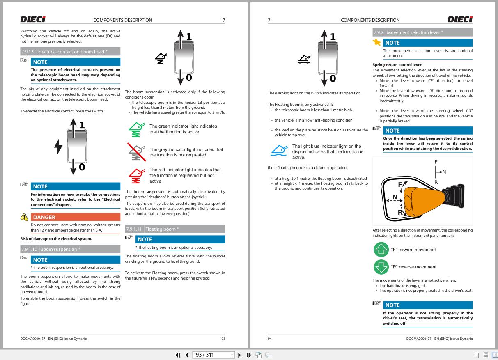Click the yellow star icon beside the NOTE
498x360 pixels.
point(376,42)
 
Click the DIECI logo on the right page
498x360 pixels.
point(460,20)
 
